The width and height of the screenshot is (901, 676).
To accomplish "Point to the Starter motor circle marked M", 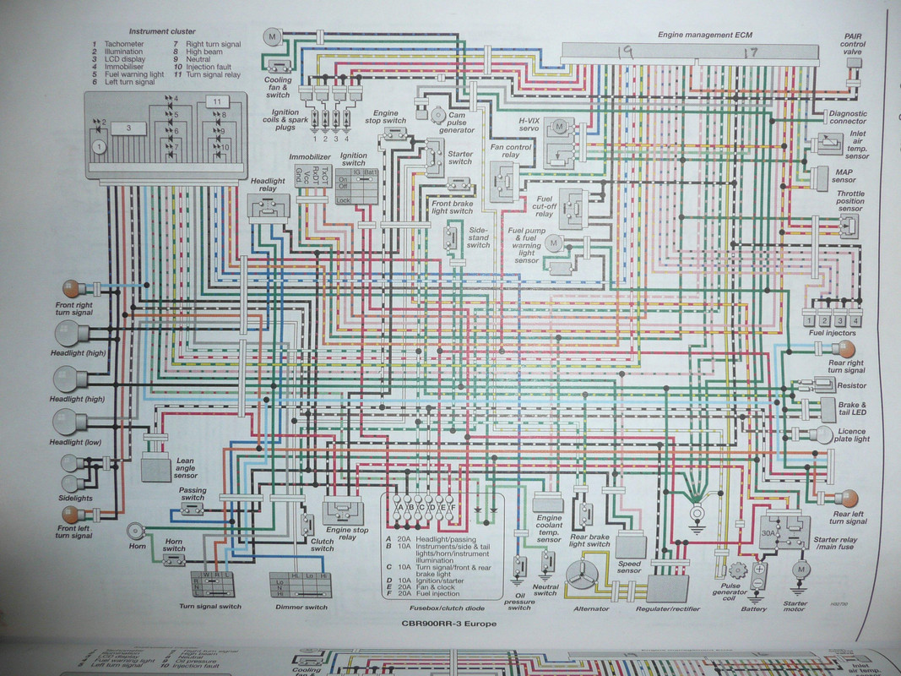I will coord(798,571).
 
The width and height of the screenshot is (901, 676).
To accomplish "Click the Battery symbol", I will coord(757,579).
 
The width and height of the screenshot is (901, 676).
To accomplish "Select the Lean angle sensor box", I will coord(156,466).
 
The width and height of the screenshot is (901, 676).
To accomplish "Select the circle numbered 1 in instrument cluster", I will coord(100,147).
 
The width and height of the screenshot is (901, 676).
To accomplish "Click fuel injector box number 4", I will coord(855,320).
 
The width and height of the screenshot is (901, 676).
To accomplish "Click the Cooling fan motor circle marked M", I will coord(272,36).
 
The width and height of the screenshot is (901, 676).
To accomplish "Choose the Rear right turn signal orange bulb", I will coord(847,349).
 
